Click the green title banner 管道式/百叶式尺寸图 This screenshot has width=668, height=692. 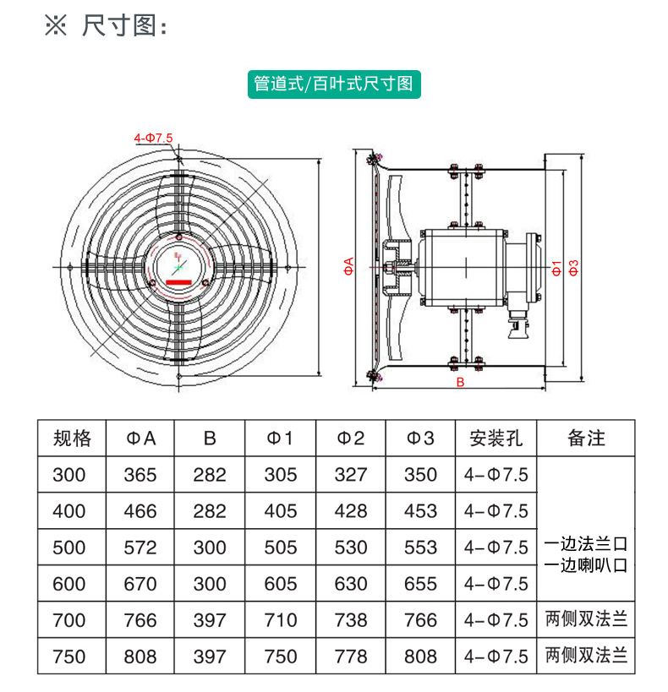coord(334,84)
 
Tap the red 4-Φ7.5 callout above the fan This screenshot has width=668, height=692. coord(153,138)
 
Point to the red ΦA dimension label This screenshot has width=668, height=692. coord(349,266)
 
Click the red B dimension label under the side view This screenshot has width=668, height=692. coord(460,382)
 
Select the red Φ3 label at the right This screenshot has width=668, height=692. coord(573,268)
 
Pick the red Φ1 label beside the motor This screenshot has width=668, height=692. coord(556,268)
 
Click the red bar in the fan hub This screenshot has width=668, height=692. coord(179,282)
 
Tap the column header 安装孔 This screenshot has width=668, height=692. coord(496,439)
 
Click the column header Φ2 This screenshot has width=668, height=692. coord(351,439)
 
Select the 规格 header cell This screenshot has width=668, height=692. coord(72,439)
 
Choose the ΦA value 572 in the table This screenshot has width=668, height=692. coord(140,548)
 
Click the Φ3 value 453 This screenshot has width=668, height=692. coord(420,511)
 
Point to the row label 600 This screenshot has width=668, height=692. coord(69,585)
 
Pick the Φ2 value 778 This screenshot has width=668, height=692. coord(351,657)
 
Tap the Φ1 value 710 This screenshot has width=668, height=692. coord(281,620)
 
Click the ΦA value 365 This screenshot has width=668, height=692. coord(140,476)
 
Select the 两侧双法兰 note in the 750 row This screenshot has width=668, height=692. coord(586,656)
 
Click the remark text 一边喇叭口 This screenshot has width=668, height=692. coord(586,565)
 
